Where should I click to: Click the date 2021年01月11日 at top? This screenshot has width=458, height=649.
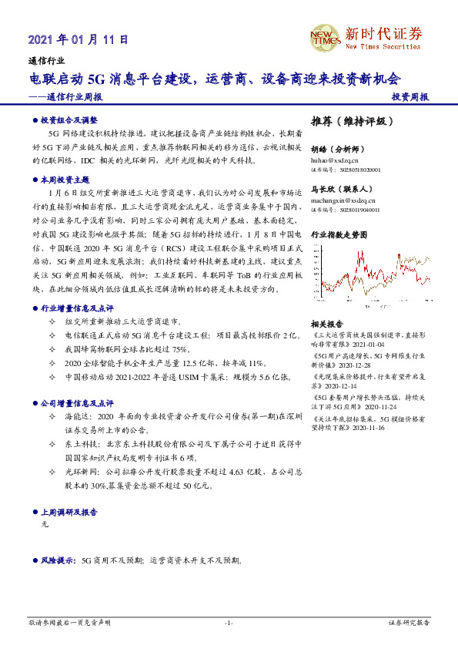[x=78, y=39]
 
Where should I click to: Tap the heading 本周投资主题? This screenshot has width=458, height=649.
[x=65, y=179]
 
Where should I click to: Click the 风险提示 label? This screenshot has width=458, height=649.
[x=58, y=561]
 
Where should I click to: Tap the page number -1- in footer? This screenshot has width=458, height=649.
[x=229, y=623]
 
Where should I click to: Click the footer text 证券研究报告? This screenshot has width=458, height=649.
[x=409, y=623]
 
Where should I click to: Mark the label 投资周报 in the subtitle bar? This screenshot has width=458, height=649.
[x=410, y=98]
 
